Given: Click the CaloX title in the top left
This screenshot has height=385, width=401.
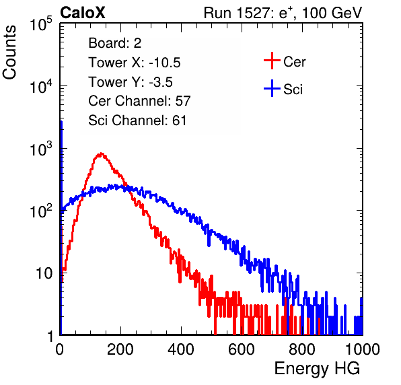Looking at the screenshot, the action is coord(83,13).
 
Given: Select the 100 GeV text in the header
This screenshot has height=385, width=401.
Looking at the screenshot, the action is coord(332,13).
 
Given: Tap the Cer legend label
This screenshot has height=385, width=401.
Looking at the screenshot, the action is coord(294,62).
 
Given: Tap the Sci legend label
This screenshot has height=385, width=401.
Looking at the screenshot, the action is coord(293,90).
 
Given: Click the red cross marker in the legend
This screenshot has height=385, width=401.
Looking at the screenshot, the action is coord(272,61).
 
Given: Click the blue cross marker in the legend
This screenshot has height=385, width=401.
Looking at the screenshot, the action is coord(272,89).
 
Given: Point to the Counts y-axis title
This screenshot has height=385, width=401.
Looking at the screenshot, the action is coord(9,53).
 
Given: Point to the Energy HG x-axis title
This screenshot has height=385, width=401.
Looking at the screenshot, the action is coord(317,369).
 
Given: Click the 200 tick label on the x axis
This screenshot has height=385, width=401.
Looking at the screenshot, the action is coord(120,349).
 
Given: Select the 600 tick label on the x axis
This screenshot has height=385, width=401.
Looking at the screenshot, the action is coord(242,349).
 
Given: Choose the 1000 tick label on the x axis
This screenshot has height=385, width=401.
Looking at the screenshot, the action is coord(363,349).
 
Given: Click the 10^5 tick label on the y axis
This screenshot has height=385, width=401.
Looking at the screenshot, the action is coord(41,24).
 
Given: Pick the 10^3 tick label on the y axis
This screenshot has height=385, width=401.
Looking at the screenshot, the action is coord(41,149).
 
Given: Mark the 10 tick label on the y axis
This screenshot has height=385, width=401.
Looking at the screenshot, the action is coord(44,273).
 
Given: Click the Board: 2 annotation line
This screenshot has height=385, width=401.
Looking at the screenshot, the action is coord(115,43).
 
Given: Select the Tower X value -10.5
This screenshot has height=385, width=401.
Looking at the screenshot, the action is coord(165,63).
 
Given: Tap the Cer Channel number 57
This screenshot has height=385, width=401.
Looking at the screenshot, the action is coord(183,101).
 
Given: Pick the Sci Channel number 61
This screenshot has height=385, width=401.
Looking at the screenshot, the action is coord(179,120).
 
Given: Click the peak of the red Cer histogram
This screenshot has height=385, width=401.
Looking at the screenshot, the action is coord(102,153).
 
